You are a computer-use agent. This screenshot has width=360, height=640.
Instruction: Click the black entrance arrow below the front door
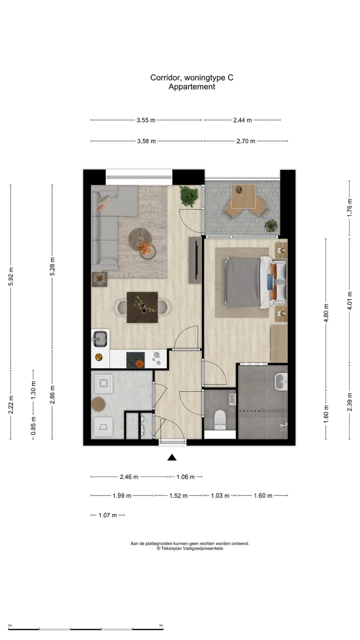(x=172, y=457)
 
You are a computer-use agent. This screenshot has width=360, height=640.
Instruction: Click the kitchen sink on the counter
(x=100, y=339)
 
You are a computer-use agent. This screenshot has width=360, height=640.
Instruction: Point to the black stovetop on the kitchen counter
(x=135, y=359)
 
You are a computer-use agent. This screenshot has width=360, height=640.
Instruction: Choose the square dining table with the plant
(x=142, y=307)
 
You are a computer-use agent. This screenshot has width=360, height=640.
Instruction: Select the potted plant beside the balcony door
(x=189, y=196)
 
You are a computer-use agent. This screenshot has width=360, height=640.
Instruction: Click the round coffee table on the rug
(x=139, y=238)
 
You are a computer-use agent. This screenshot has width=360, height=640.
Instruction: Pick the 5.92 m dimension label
(x=11, y=276)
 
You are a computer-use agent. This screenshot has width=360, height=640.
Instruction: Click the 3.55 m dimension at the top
(x=146, y=120)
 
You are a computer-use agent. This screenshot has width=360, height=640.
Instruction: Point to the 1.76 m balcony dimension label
(x=349, y=207)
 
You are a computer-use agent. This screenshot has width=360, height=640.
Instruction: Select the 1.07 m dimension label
(x=107, y=515)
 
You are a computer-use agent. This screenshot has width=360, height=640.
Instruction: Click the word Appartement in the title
(x=191, y=86)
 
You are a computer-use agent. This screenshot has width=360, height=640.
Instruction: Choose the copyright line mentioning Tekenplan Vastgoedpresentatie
(x=189, y=548)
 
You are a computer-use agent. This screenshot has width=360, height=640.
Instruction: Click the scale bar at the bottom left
(x=85, y=628)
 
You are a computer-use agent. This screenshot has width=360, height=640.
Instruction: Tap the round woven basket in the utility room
(x=100, y=403)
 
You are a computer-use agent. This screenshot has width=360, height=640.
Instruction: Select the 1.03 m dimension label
(x=220, y=495)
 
